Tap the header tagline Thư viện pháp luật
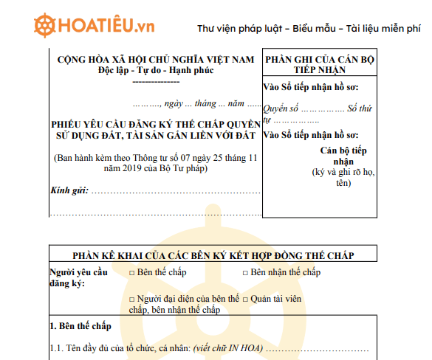pos(240,30)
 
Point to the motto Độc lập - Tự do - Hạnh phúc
pos(154,71)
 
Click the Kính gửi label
pos(69,191)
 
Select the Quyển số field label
pos(281,108)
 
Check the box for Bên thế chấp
pos(132,273)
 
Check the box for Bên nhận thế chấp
pos(245,273)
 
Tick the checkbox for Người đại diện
pos(132,300)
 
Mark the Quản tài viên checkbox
pos(245,300)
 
